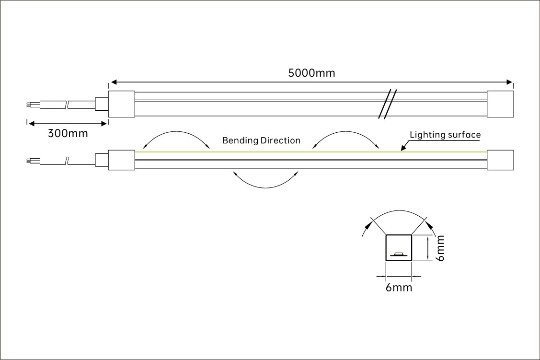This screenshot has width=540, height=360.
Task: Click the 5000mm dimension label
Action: click(311, 73)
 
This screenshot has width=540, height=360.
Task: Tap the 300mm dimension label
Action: click(68, 133)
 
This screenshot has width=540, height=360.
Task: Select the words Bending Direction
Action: click(262, 140)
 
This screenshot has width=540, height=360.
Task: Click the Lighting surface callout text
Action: click(445, 135)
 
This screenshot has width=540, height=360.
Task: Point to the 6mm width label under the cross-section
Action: click(399, 287)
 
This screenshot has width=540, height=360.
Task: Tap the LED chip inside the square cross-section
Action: click(399, 255)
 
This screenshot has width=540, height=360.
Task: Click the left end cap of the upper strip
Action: click(122, 104)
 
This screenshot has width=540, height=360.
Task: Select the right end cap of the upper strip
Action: click(500, 104)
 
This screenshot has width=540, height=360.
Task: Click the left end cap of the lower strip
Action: click(122, 160)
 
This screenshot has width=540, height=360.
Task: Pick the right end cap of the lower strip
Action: click(500, 160)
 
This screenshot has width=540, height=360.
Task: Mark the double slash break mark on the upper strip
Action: click(388, 104)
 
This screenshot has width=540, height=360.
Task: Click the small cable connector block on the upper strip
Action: click(102, 104)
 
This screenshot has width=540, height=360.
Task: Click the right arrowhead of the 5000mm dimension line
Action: click(510, 82)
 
